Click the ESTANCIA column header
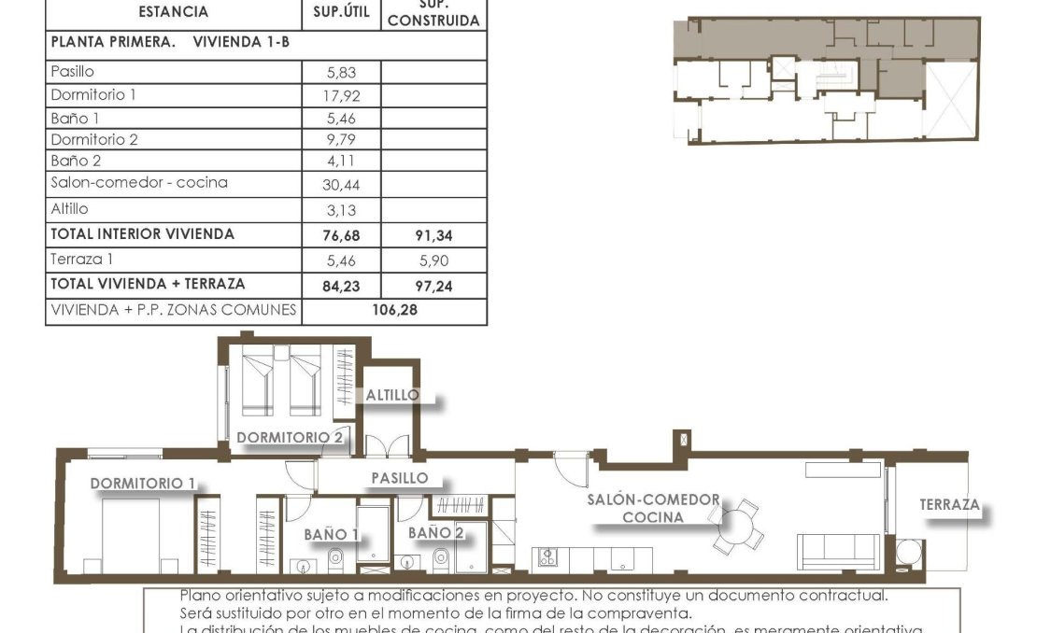click(x=173, y=13)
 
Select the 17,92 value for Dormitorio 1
click(x=342, y=95)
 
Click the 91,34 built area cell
click(x=433, y=236)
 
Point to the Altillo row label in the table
click(x=70, y=209)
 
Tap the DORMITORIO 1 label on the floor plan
click(x=143, y=483)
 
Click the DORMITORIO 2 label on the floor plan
click(x=290, y=437)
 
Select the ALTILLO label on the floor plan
click(x=392, y=395)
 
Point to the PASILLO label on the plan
click(x=400, y=478)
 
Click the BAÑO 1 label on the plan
click(x=332, y=534)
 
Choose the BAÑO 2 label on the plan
click(x=435, y=532)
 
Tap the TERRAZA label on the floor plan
click(x=949, y=505)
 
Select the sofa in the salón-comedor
click(x=837, y=552)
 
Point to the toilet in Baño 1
click(x=335, y=559)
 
